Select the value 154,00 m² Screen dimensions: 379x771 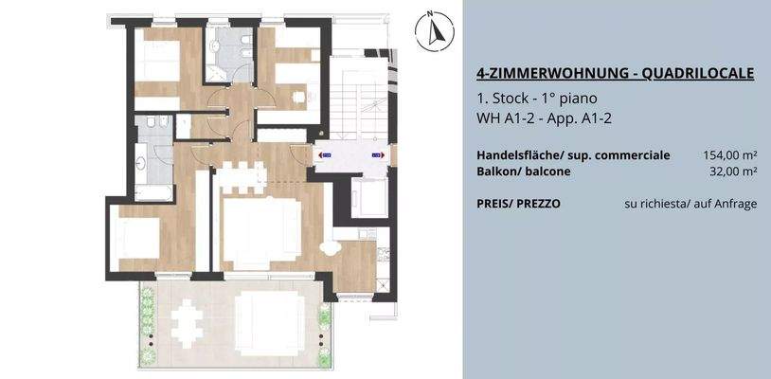(729, 154)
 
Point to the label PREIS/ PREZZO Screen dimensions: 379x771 (518, 203)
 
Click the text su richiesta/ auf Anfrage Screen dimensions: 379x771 (690, 203)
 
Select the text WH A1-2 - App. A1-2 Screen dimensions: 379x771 (537, 117)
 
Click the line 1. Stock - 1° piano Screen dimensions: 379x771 (537, 99)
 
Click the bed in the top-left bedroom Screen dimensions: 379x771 (158, 63)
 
